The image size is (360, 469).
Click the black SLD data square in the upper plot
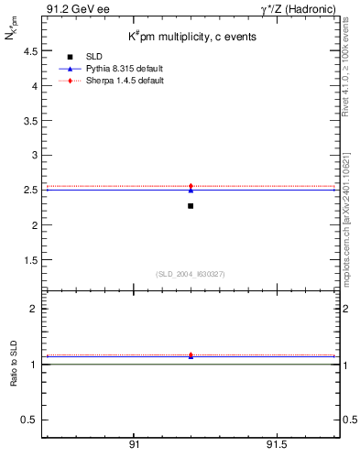click(x=191, y=206)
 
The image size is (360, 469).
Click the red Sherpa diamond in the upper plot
click(x=191, y=186)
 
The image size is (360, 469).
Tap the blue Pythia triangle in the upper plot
click(x=191, y=190)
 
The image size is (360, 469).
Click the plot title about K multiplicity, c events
click(x=191, y=37)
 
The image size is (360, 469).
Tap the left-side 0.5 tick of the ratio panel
click(x=28, y=420)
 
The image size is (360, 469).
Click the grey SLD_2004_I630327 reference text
click(x=191, y=274)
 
